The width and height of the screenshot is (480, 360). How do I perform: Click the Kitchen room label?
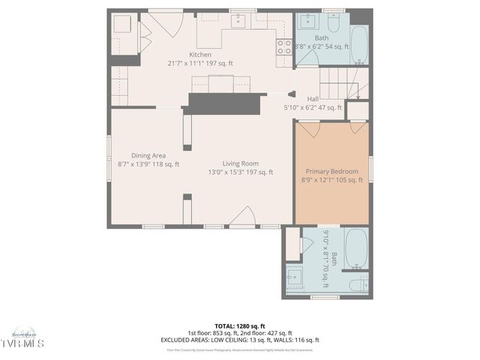tap(200, 55)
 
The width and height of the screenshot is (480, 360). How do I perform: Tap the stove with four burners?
tap(284, 48)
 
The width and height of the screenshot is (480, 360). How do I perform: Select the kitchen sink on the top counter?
tap(238, 20)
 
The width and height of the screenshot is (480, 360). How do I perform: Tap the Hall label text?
tap(313, 98)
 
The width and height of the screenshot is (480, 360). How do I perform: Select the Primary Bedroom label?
tap(332, 171)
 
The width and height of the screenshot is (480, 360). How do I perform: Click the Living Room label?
tap(240, 163)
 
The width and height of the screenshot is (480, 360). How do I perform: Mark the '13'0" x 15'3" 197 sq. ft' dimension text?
tap(240, 172)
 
